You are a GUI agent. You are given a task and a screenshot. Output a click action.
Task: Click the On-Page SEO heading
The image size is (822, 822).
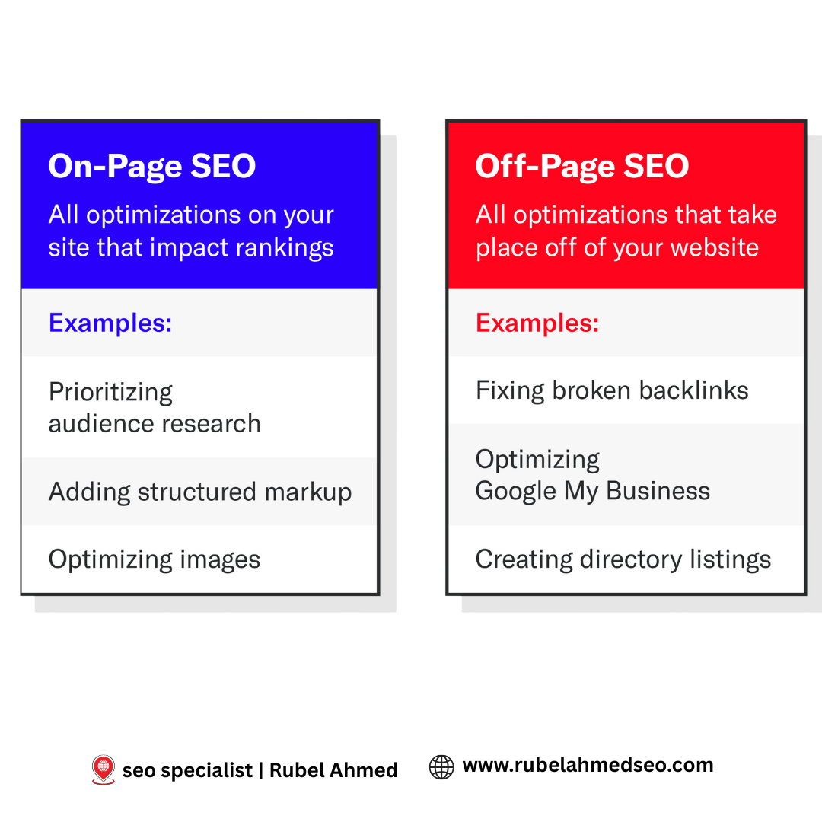point(152,167)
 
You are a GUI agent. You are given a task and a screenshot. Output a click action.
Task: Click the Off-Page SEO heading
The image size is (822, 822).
point(582,167)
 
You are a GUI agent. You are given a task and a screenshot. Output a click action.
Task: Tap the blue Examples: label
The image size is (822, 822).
point(110,323)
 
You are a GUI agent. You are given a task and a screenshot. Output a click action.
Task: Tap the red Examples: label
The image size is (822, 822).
point(537,323)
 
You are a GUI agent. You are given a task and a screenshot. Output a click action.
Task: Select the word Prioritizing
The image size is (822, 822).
point(111,393)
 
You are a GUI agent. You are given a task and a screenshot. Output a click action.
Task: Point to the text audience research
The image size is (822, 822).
point(155,424)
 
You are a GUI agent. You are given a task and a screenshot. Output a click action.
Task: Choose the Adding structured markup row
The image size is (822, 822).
point(200,492)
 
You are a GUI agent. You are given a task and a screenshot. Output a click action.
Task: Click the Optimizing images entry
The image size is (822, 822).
point(155,560)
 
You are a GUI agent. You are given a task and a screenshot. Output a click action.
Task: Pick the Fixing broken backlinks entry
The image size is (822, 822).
point(612,391)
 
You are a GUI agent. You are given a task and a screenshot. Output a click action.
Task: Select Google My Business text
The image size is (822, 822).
point(593,492)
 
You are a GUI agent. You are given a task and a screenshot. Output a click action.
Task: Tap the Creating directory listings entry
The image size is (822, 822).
point(623,560)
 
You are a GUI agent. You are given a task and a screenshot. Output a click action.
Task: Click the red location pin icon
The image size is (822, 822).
point(103,769)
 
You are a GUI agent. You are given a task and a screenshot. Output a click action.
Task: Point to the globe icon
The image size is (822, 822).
point(441,766)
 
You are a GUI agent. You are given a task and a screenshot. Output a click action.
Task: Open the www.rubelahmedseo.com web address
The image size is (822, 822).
point(588,766)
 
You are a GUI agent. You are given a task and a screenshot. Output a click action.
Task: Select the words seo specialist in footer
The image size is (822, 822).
point(187,770)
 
